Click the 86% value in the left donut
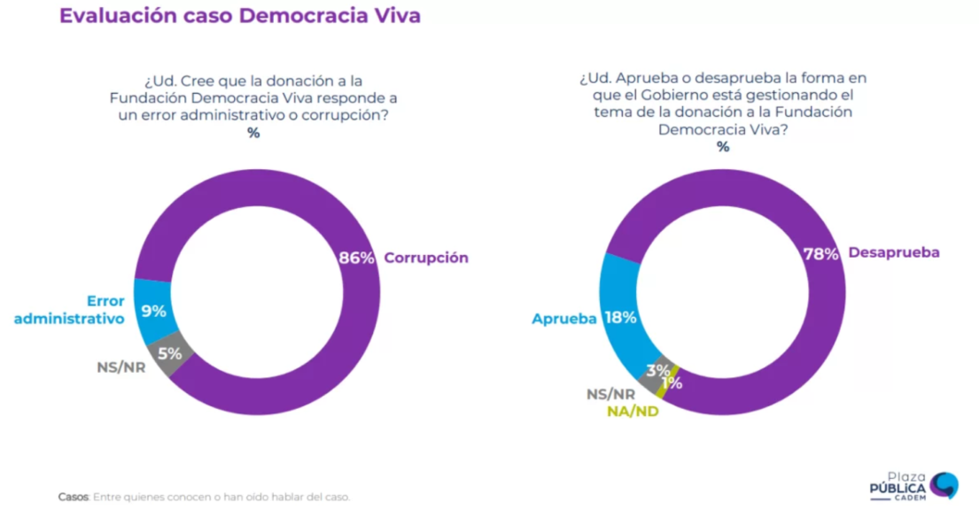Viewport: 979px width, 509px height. [357, 258]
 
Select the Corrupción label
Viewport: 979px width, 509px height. [426, 258]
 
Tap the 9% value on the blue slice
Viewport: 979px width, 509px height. [154, 311]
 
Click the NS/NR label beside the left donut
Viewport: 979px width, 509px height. [120, 366]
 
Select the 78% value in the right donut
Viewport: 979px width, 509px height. [820, 253]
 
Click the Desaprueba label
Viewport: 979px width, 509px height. [893, 252]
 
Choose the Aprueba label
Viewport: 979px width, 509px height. [563, 319]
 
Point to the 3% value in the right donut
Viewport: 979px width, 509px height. [657, 370]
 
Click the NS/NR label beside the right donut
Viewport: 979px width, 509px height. [610, 395]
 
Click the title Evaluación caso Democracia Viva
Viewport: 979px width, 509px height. [239, 16]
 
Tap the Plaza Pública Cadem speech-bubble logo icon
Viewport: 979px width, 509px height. [944, 485]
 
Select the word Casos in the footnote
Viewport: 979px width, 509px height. [73, 497]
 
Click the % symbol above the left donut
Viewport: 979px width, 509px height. [253, 133]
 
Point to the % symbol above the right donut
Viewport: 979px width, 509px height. [723, 147]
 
